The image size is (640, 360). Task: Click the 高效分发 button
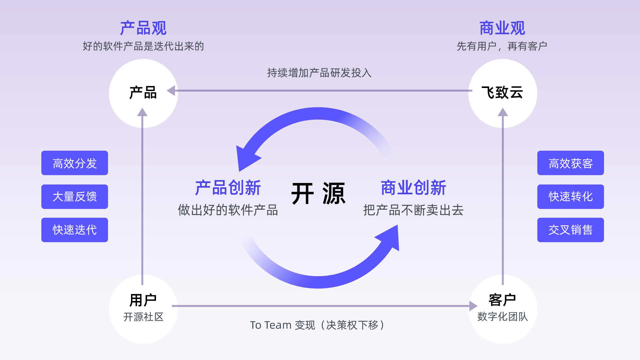tap(75, 163)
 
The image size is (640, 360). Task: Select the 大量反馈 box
tap(75, 197)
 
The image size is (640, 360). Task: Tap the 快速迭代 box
tap(75, 230)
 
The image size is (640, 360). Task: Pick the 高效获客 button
tap(570, 163)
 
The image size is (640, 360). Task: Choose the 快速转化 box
tap(570, 197)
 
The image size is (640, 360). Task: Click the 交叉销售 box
tap(570, 230)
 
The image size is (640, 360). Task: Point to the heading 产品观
tap(143, 28)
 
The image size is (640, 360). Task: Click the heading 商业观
tap(502, 28)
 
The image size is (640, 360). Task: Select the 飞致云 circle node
tap(502, 93)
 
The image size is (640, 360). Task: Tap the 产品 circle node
tap(143, 93)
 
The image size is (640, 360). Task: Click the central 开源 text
tap(318, 194)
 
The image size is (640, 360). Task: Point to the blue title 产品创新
tap(228, 188)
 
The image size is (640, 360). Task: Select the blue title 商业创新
tap(413, 188)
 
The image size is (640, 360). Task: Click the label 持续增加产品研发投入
tap(319, 73)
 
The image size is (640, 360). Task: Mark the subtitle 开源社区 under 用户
tap(143, 317)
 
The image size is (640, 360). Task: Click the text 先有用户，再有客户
tap(502, 46)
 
